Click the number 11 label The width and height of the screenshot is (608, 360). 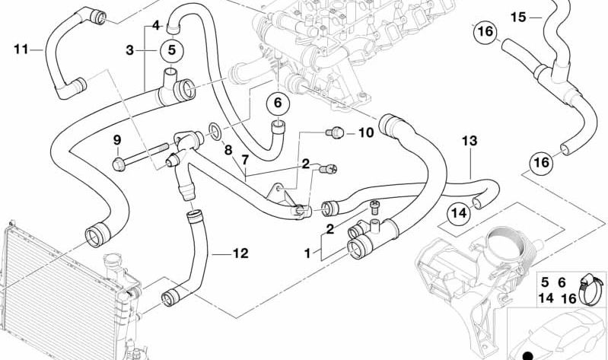click(x=21, y=49)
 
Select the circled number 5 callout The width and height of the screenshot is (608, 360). click(x=172, y=50)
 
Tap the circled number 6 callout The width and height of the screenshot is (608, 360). click(x=278, y=103)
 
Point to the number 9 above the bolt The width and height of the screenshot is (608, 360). click(x=117, y=139)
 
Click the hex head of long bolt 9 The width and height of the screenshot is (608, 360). click(x=119, y=164)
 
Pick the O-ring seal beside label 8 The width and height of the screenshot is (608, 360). click(x=215, y=132)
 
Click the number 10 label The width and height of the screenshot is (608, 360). click(x=366, y=133)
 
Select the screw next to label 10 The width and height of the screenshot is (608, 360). click(x=335, y=133)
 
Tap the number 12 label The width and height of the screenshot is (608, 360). click(x=240, y=253)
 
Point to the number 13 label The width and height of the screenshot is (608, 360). click(x=470, y=142)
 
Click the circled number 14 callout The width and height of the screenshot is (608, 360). click(x=459, y=213)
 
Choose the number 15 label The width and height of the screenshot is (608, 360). click(x=518, y=18)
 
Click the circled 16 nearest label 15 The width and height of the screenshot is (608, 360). click(x=485, y=31)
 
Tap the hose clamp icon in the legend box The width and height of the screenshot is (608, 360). click(x=591, y=289)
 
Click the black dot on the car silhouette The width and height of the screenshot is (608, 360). click(x=527, y=355)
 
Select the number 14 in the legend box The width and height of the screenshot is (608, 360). click(x=546, y=298)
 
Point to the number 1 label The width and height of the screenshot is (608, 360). click(x=307, y=254)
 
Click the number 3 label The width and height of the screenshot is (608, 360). click(x=130, y=50)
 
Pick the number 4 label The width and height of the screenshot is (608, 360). click(x=156, y=26)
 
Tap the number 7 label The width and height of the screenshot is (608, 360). click(x=245, y=160)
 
